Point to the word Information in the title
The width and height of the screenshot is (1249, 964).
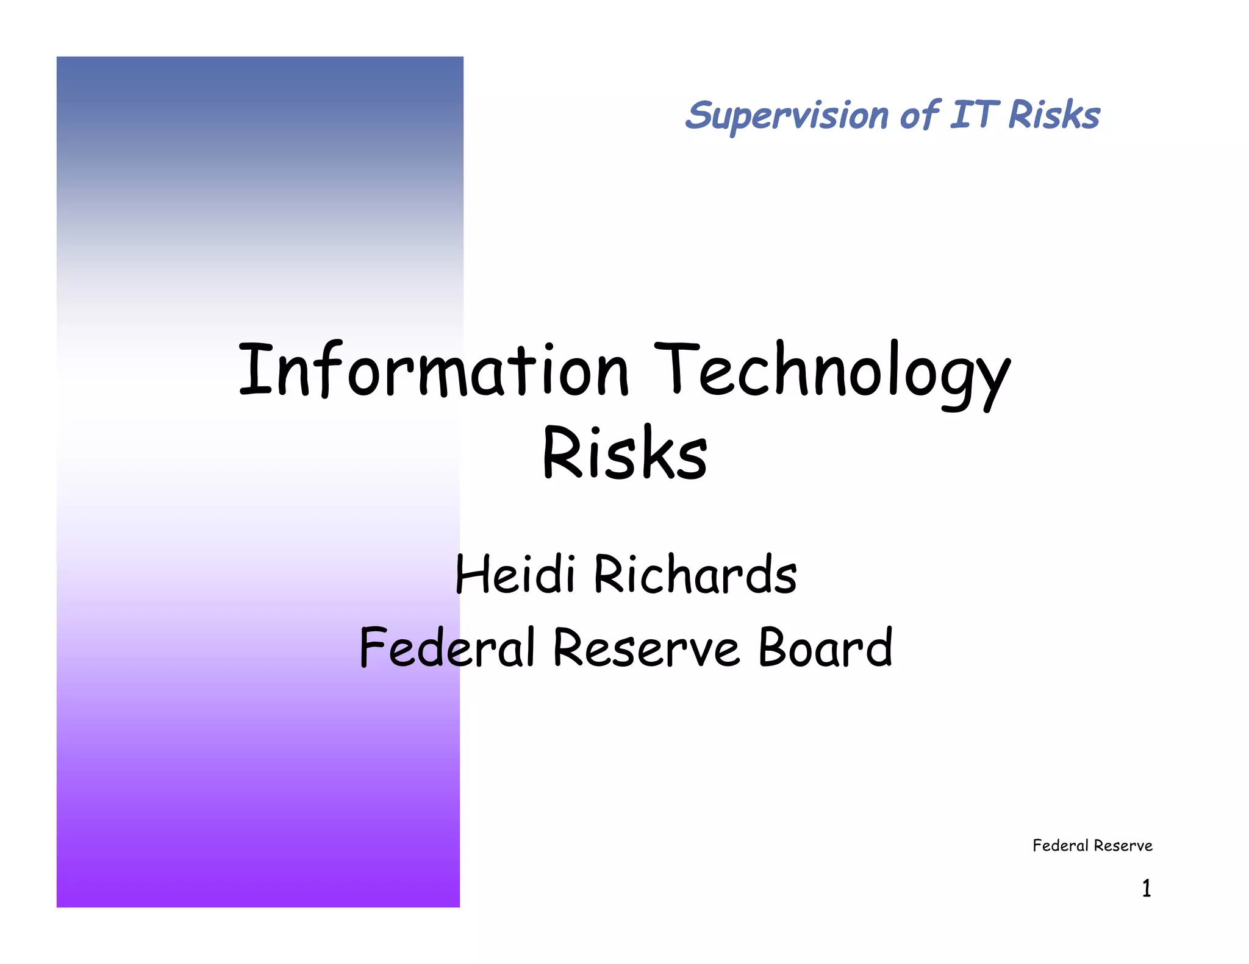(x=434, y=370)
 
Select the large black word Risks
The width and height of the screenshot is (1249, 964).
(x=625, y=453)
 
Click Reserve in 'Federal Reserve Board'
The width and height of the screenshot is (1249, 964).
(x=646, y=648)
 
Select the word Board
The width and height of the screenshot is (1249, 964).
(x=825, y=648)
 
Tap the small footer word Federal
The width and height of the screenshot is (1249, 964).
(x=1060, y=846)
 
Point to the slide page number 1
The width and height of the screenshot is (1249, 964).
(x=1147, y=888)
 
